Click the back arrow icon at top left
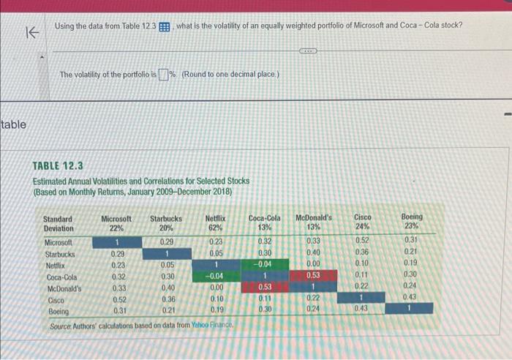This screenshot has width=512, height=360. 31,32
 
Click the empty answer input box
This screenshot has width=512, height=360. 164,75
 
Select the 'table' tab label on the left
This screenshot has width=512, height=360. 13,124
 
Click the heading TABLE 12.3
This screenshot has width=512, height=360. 59,166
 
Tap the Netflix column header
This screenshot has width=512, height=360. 215,217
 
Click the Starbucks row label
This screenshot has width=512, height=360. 61,253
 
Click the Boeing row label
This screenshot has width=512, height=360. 57,311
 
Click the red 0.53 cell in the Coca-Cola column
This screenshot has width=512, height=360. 264,288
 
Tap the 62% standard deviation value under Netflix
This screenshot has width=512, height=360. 215,227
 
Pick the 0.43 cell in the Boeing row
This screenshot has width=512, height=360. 362,310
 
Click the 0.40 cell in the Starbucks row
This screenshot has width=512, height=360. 313,252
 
